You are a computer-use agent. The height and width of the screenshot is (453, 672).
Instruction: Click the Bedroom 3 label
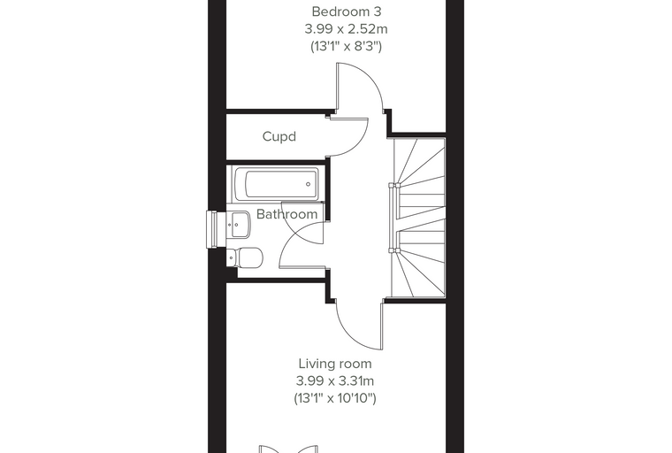[x=347, y=12]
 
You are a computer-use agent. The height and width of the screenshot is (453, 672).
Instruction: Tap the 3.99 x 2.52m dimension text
[x=346, y=28]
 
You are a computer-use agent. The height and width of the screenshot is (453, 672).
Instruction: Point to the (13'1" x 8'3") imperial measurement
[x=346, y=46]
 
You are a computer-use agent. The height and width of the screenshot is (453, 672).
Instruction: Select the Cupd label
[x=279, y=136]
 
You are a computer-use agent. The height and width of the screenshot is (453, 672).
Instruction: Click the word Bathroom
[x=286, y=214]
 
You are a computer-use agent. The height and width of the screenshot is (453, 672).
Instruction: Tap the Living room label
[x=335, y=364]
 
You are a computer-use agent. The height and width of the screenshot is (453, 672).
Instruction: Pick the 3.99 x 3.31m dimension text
[x=335, y=381]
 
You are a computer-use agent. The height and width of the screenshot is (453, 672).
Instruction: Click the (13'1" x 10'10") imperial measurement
[x=335, y=398]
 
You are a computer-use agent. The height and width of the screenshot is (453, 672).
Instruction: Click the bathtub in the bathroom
[x=277, y=184]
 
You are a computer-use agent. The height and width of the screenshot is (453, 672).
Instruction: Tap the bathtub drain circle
[x=308, y=184]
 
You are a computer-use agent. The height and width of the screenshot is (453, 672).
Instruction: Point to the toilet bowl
[x=250, y=257]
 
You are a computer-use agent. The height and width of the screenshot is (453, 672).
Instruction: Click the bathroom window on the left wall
[x=212, y=229]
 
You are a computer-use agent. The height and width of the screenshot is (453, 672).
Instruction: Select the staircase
[x=419, y=218]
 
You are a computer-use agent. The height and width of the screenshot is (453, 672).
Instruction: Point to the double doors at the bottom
[x=288, y=449]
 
